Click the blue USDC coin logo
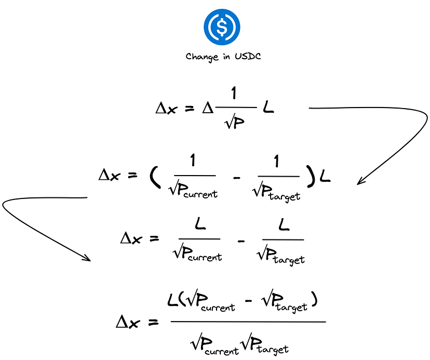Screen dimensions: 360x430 222,29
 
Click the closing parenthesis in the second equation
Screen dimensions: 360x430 311,177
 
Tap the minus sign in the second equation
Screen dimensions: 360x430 237,179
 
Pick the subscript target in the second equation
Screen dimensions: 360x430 285,196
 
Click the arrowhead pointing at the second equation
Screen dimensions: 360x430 360,181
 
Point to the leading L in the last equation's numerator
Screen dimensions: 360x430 173,300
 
